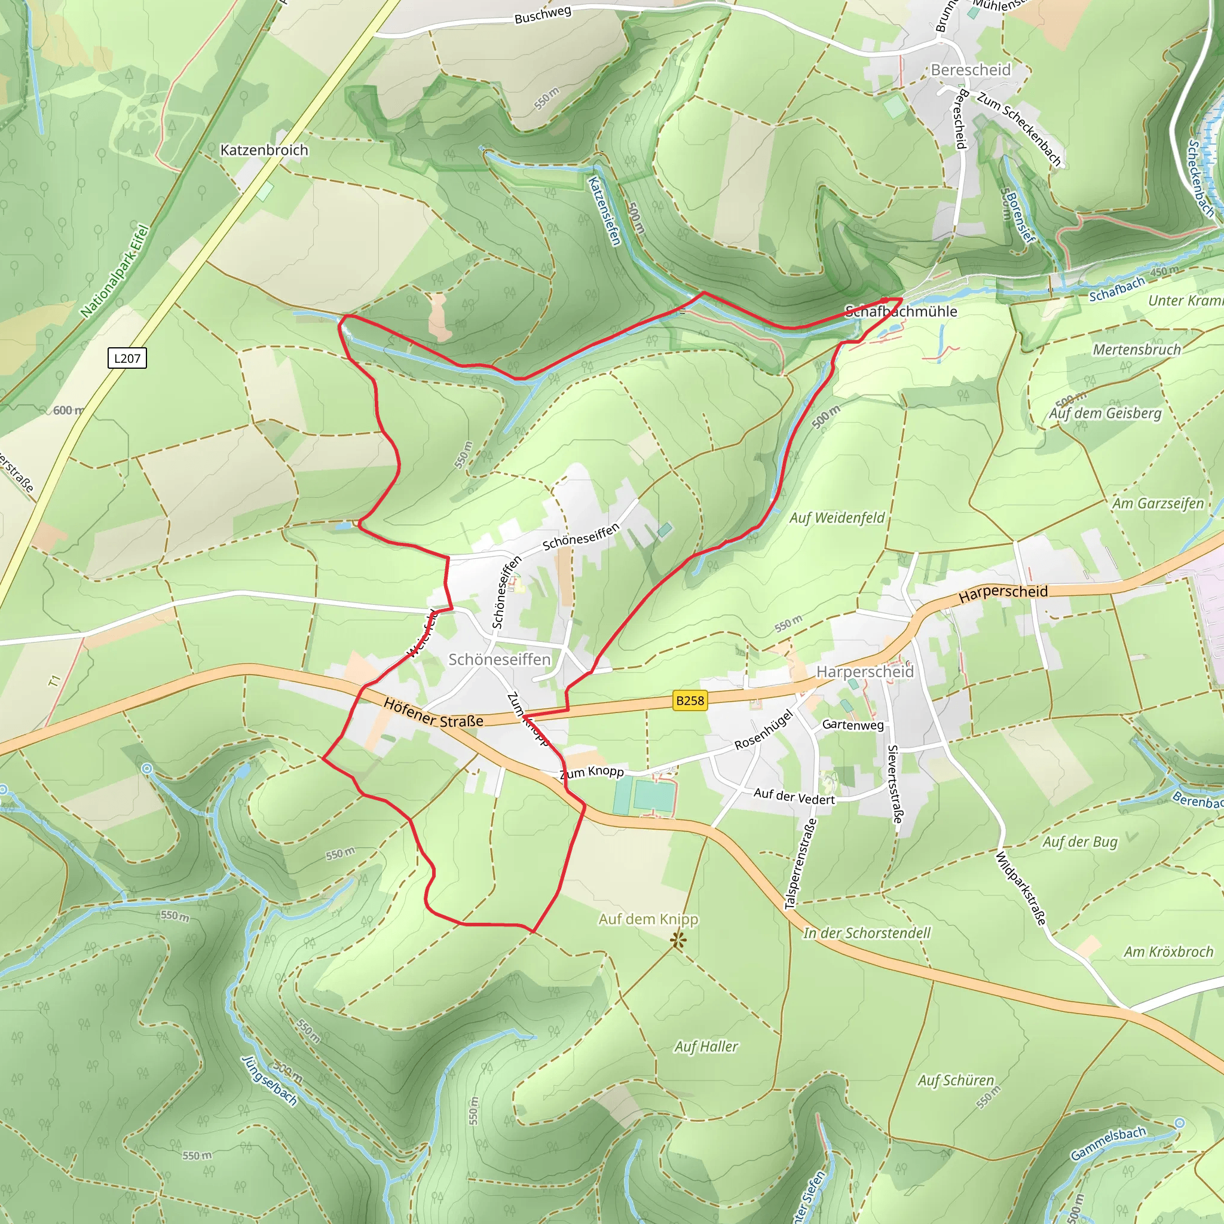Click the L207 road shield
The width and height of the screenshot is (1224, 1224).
(x=127, y=358)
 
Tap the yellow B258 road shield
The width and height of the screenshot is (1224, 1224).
(x=690, y=700)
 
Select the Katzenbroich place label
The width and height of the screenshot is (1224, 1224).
(x=264, y=150)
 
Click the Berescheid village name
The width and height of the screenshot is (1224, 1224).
(x=971, y=70)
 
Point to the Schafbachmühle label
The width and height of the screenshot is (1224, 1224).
(x=901, y=311)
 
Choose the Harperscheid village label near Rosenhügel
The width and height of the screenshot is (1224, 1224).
(x=865, y=672)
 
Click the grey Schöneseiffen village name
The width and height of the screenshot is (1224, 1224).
(x=499, y=660)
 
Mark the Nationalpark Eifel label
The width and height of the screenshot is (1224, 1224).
(x=115, y=271)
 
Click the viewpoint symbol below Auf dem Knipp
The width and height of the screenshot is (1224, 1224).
(x=678, y=940)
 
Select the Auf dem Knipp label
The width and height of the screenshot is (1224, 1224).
(x=648, y=919)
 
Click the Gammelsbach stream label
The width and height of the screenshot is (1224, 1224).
(x=1109, y=1143)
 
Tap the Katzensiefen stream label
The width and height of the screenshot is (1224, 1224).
(x=604, y=211)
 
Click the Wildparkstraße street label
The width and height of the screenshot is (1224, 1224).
(x=1021, y=888)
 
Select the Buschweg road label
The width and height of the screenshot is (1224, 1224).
(x=543, y=14)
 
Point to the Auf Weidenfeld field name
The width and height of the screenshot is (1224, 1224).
(x=837, y=518)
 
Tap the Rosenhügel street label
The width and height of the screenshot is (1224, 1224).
(x=763, y=730)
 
